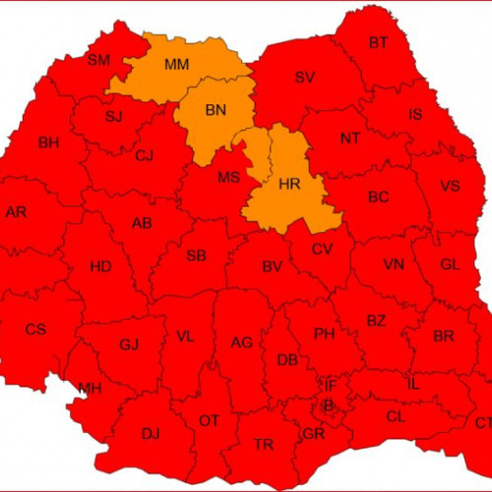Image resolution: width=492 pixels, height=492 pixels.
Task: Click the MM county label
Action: [177, 65]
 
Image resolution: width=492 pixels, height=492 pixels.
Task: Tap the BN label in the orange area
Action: [216, 110]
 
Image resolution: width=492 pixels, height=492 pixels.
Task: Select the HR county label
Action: [289, 184]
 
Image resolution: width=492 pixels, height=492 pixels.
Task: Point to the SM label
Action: [98, 60]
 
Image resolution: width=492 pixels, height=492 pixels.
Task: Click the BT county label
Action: [379, 42]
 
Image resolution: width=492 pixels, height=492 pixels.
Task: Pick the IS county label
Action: [415, 115]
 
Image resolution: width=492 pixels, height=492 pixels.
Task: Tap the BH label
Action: [49, 144]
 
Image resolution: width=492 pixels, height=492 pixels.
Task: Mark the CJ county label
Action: [145, 155]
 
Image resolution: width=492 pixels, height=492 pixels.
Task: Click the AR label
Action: [17, 212]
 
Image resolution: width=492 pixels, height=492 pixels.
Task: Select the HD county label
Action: [100, 267]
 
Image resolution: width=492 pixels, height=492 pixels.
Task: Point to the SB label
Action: [197, 257]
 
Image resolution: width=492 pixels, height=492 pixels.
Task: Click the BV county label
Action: [273, 267]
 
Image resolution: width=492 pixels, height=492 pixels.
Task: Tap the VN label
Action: [394, 265]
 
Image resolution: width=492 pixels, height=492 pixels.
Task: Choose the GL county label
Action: [450, 265]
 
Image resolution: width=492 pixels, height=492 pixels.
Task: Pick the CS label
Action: [35, 330]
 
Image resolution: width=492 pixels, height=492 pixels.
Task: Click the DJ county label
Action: [151, 433]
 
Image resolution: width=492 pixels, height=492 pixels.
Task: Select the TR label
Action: [264, 445]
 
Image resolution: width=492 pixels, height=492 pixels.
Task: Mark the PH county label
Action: [325, 335]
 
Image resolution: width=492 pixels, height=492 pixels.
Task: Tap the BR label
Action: [444, 336]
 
